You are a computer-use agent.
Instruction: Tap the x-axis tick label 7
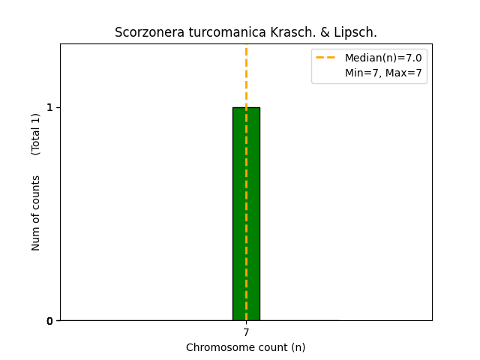(246, 332)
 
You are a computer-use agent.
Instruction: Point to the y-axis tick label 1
(49, 107)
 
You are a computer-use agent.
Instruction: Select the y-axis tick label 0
(49, 321)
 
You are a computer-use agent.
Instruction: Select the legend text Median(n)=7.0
(383, 58)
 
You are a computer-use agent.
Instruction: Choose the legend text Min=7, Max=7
(383, 73)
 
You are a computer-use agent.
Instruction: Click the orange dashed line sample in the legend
(325, 58)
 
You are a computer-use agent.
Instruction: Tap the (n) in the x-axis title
(298, 347)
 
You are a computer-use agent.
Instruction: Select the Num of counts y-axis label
(36, 213)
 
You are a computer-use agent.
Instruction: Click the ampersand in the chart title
(303, 33)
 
